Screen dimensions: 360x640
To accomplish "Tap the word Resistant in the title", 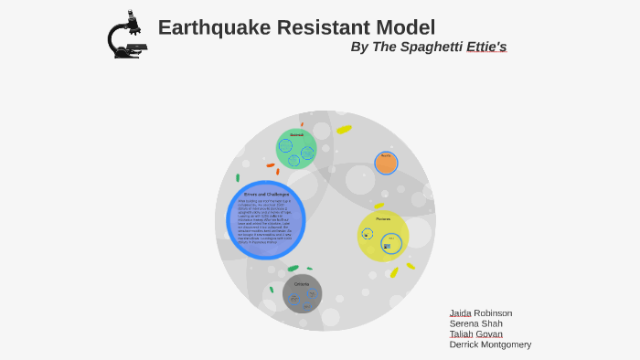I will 326,27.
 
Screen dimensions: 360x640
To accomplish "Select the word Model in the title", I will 407,27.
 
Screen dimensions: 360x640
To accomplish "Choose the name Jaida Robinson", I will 480,312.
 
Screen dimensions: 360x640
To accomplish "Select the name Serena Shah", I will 475,323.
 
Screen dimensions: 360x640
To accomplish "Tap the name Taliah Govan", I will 475,334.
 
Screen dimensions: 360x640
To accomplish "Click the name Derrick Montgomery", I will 490,344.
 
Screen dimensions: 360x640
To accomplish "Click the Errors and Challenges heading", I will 266,194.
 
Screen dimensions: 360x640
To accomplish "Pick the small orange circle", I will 386,163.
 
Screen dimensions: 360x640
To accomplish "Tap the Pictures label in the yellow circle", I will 383,219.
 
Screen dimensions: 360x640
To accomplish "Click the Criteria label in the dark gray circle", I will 302,284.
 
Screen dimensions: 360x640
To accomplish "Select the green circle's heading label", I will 296,135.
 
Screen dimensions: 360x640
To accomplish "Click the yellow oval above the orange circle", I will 344,129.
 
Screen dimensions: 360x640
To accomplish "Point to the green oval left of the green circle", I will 238,178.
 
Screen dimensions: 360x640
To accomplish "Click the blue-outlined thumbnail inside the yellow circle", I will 387,246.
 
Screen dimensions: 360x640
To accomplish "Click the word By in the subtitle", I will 359,47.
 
